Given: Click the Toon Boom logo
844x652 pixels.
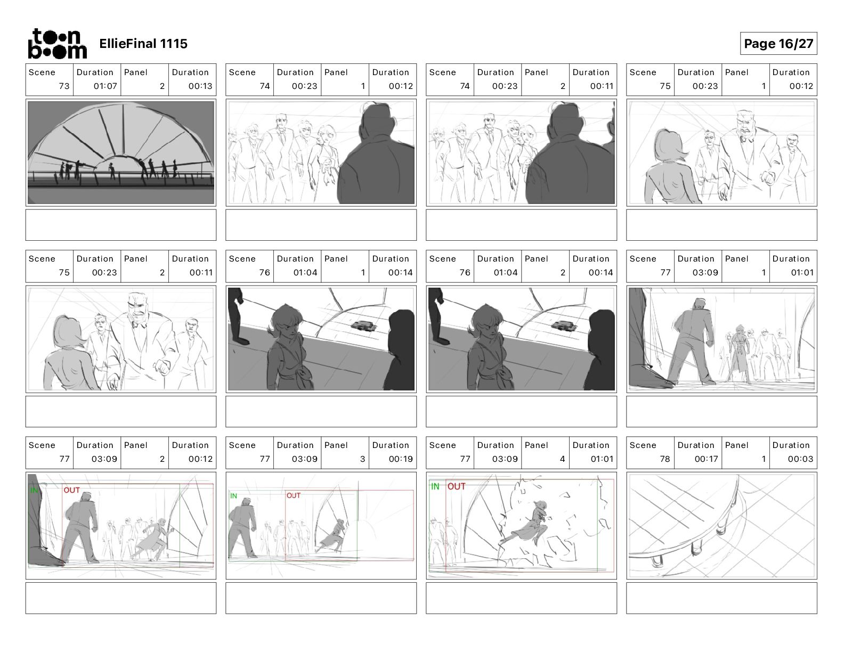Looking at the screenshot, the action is pos(57,44).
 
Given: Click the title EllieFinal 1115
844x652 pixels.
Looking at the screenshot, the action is pos(143,44).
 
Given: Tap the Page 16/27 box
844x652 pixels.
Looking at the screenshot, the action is pos(778,44).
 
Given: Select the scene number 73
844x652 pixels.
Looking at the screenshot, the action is pos(64,86).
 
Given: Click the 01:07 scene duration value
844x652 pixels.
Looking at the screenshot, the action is pos(106,86).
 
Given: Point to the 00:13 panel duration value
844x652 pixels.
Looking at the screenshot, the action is pos(200,86).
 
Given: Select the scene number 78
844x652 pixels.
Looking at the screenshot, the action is pos(665,459).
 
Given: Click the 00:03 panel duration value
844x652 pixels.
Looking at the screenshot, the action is pos(800,459).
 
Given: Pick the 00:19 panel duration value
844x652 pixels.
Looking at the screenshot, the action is pos(401,459).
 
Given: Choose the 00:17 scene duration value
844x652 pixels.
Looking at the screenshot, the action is pos(706,459).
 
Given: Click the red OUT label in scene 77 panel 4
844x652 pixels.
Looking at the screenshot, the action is pos(457,486).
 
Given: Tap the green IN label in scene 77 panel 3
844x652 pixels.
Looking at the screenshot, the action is pos(233,495).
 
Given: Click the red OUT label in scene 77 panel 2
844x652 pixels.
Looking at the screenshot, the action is pos(72,490).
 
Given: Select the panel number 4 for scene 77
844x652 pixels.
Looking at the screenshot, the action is pos(562,459).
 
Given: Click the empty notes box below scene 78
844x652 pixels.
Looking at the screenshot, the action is pos(721,598).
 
